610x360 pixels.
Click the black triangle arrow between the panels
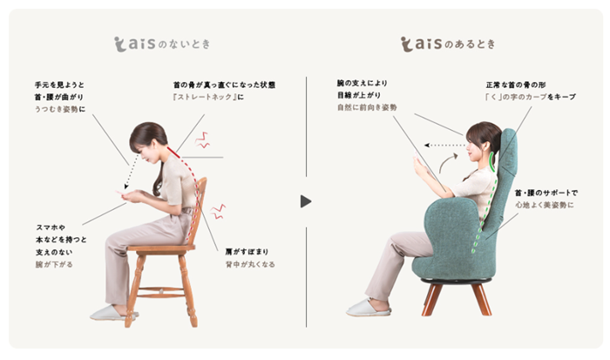[x=306, y=201]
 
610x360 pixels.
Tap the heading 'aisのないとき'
[x=162, y=44]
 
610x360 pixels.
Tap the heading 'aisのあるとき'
[x=448, y=44]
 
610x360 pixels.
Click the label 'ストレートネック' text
[x=205, y=97]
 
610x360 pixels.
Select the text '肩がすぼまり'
[x=247, y=252]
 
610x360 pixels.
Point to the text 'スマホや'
[x=51, y=228]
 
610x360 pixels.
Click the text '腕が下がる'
[x=54, y=264]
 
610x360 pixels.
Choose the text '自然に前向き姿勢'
[x=367, y=107]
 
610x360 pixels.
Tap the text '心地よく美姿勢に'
[x=545, y=205]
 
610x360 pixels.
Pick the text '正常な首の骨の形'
[x=516, y=85]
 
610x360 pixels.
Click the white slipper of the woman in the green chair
[x=369, y=308]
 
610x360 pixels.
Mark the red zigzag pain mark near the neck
[x=202, y=140]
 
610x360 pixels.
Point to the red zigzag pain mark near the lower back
[x=218, y=211]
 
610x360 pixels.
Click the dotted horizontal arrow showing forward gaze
[x=445, y=146]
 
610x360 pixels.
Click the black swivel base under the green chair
[x=456, y=281]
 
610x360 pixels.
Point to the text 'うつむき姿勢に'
[x=60, y=109]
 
